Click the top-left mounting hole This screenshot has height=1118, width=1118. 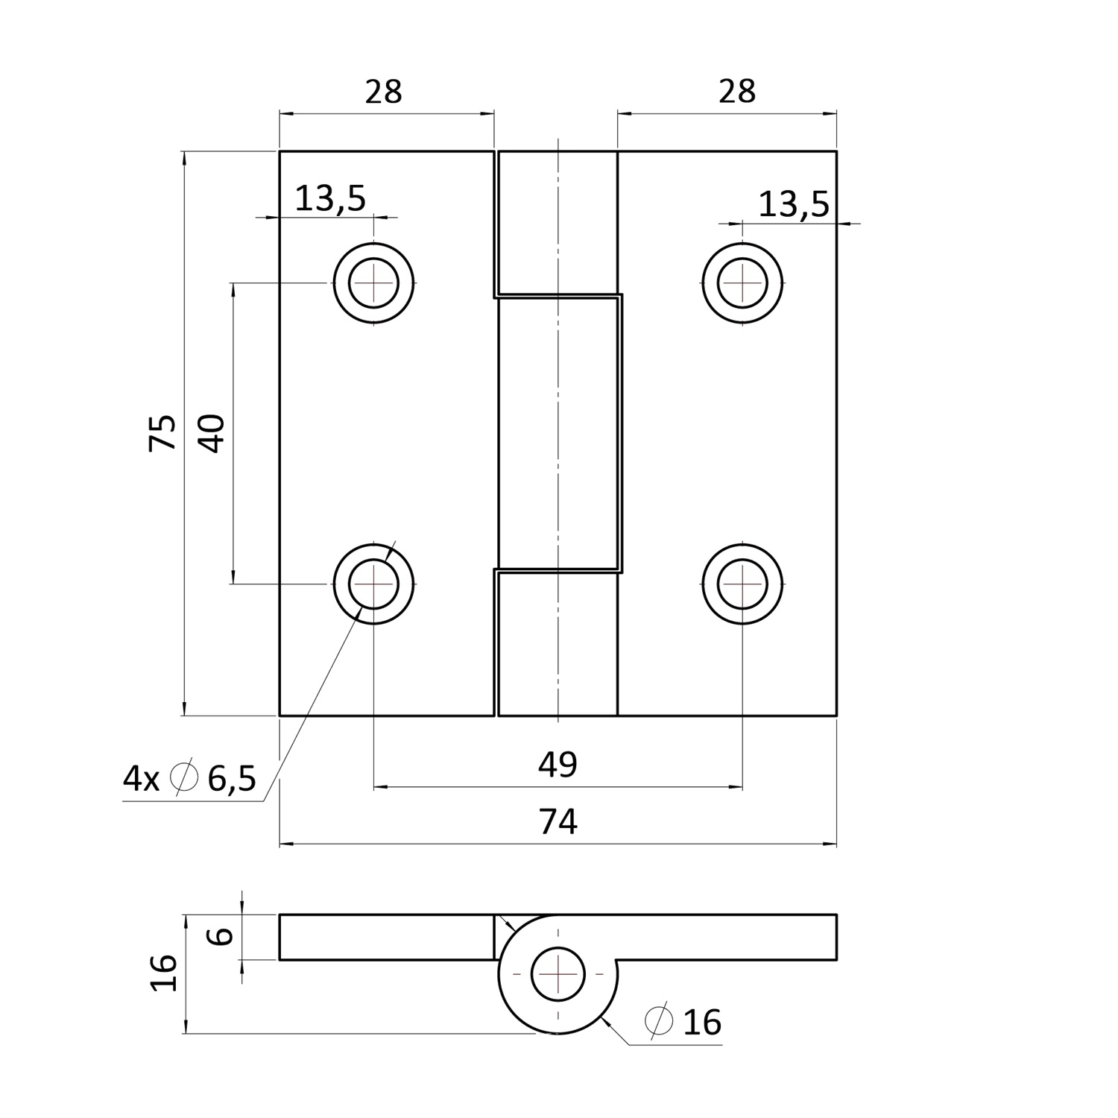point(373,283)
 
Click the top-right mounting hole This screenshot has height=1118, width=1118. point(742,283)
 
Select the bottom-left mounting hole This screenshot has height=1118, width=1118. point(373,584)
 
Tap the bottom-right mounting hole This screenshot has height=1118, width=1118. point(742,584)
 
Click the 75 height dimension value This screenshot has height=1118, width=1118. point(163,432)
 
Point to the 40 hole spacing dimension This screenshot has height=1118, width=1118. point(212,433)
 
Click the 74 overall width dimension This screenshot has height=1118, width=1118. point(558,823)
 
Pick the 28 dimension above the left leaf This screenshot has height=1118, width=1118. point(384,92)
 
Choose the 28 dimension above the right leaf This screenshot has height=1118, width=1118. point(737,92)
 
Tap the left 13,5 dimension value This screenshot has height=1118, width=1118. point(331,199)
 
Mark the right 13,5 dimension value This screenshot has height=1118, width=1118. point(794,204)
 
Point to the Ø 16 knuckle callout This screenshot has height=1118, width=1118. point(683,1023)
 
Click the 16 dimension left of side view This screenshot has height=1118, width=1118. point(164,973)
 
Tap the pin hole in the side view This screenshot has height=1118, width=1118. point(557,974)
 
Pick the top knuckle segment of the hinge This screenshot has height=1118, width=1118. point(558,221)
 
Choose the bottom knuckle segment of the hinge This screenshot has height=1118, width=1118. point(558,644)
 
